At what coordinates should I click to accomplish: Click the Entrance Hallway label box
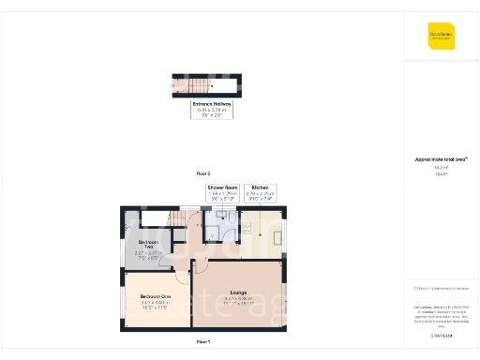211,109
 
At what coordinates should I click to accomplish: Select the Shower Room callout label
222,193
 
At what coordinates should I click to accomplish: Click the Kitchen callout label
260,193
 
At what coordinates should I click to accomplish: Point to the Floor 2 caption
202,174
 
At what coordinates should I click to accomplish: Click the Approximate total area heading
441,159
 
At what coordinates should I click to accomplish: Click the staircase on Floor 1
178,219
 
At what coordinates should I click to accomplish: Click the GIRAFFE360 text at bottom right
441,335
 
